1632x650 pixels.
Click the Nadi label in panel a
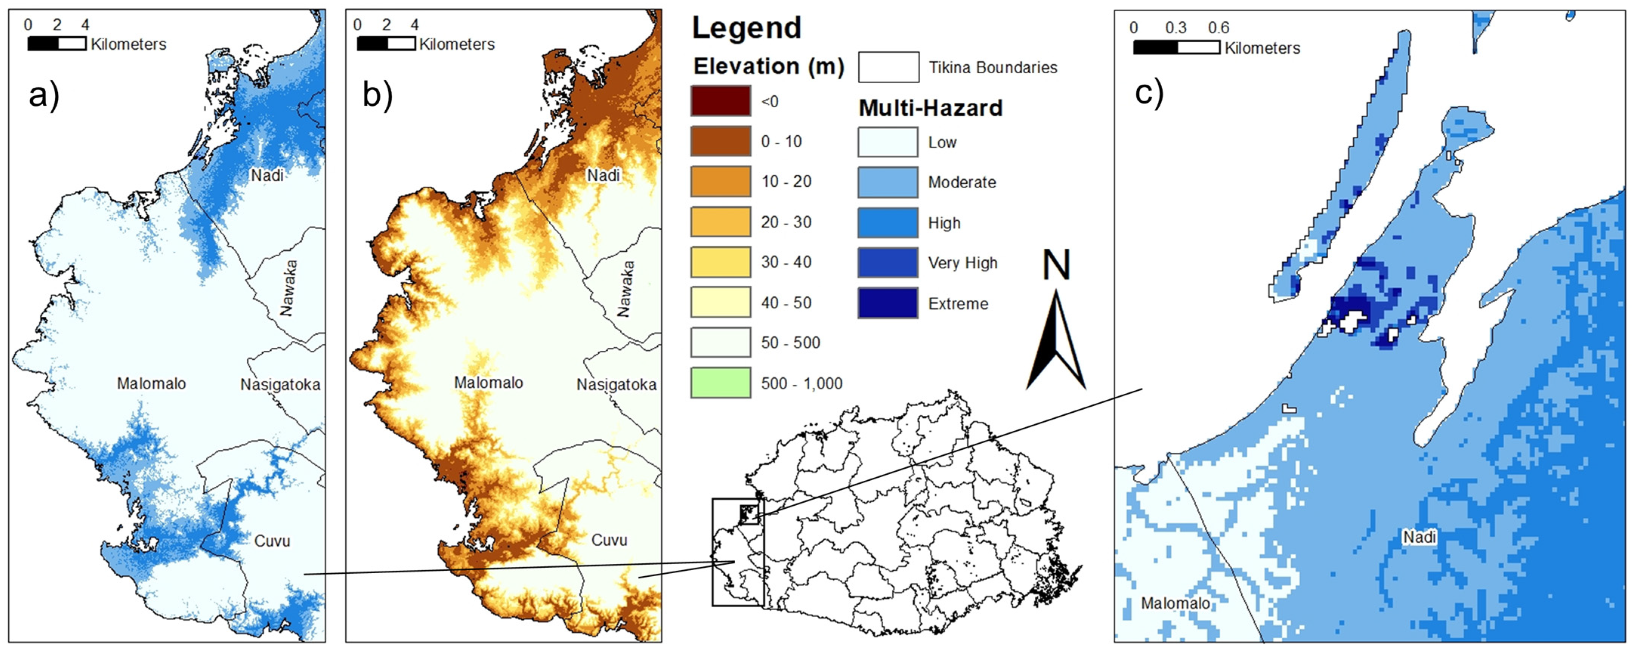coord(267,175)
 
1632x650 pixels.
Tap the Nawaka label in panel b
coord(625,289)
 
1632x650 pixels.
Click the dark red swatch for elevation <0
coord(720,101)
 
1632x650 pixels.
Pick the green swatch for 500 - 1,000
coord(720,383)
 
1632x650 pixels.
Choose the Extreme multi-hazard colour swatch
coord(888,303)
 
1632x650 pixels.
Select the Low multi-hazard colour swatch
coord(888,142)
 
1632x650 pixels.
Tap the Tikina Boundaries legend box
coord(888,67)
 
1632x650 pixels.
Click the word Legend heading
coord(746,28)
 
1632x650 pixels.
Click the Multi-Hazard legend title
coord(930,108)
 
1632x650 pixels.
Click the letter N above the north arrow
coord(1056,265)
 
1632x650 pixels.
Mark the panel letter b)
coord(378,95)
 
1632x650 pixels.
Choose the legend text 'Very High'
coord(962,263)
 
